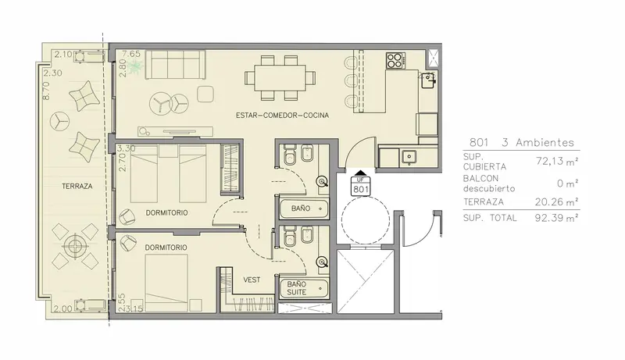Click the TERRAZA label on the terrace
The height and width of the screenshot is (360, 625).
77,186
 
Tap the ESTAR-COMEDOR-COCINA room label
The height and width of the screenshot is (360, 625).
282,116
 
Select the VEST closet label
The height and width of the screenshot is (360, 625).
252,280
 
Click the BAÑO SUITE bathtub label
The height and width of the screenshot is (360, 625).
297,288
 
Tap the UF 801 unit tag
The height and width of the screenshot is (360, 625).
360,187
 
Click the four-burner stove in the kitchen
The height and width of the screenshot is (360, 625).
395,61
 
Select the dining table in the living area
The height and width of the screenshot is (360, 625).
280,77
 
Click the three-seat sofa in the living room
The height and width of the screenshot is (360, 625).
175,65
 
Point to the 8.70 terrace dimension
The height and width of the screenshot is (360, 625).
46,91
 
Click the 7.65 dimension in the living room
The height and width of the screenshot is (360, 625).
131,54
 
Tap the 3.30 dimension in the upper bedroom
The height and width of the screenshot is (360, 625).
126,148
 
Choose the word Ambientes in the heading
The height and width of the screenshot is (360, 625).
545,142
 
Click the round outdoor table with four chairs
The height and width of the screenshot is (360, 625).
75,246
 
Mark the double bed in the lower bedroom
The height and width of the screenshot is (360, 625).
166,283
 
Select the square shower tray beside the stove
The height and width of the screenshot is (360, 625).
432,59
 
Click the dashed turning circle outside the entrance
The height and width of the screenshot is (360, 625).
366,222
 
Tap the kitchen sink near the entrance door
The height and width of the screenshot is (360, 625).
409,156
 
